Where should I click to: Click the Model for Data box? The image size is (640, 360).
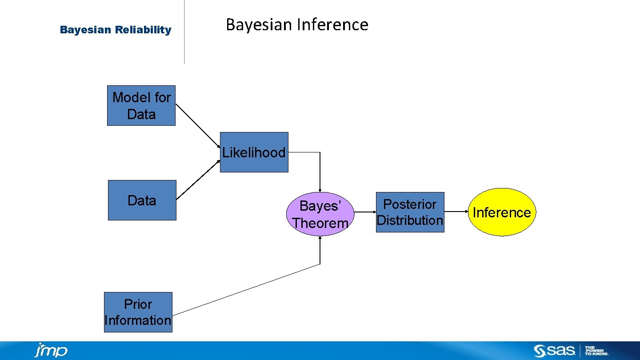[x=141, y=106]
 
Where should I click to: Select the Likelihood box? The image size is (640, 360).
[x=254, y=152]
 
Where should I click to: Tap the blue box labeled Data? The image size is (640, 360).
[x=142, y=200]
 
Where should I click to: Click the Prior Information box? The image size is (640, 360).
[x=138, y=312]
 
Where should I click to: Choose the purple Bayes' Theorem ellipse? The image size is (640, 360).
[x=320, y=214]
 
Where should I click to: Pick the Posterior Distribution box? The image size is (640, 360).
[x=410, y=212]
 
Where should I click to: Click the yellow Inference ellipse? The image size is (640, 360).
[x=502, y=212]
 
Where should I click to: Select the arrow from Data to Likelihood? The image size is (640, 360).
[x=198, y=180]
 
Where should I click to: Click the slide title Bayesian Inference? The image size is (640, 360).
[x=297, y=24]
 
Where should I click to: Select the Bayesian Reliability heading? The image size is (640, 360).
[x=116, y=30]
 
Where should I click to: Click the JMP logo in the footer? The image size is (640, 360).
[x=51, y=351]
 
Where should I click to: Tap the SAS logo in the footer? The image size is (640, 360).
[x=554, y=351]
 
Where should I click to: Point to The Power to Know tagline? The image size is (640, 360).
[x=596, y=351]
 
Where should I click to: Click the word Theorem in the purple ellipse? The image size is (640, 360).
[x=320, y=223]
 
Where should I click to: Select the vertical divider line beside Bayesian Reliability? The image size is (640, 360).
[x=184, y=32]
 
